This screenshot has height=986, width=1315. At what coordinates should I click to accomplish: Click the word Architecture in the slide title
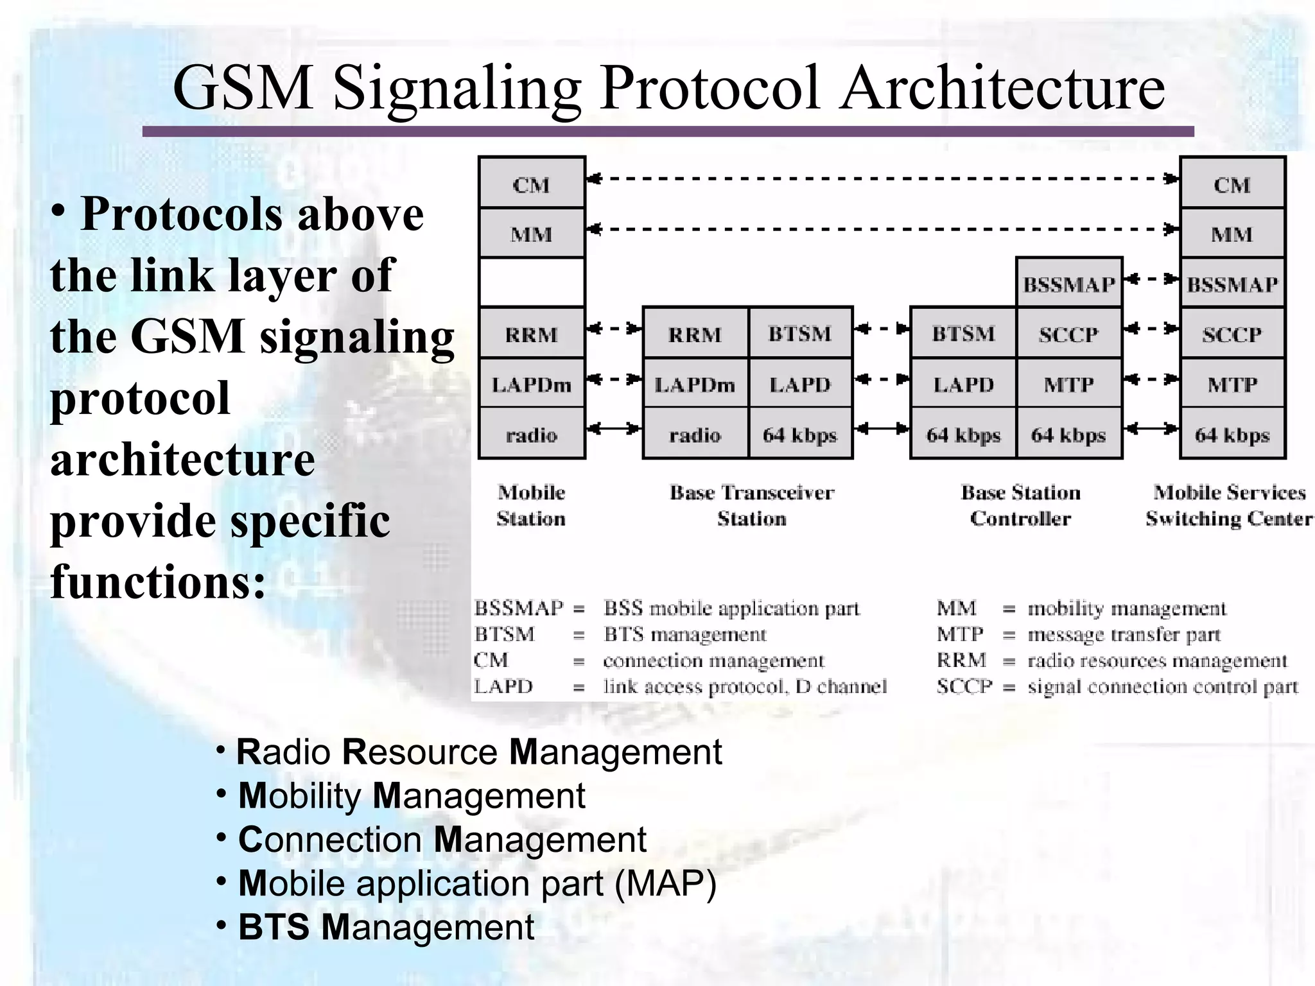tap(1003, 88)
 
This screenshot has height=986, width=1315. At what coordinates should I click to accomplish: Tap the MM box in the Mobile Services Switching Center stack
tap(1232, 234)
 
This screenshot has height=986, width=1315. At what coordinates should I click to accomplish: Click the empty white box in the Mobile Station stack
tap(532, 282)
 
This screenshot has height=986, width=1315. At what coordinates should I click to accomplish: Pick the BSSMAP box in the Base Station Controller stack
tap(1069, 284)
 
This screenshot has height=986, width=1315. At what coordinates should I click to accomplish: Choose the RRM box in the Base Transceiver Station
tap(695, 334)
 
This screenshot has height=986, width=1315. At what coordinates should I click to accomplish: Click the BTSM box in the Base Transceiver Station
tap(800, 334)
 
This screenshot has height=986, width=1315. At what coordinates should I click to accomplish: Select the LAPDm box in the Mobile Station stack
tap(532, 384)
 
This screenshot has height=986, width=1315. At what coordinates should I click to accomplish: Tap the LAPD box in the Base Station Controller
tap(963, 384)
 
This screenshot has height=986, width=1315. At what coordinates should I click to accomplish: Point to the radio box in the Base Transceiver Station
tap(695, 435)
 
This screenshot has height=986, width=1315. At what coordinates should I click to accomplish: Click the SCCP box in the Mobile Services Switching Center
tap(1232, 334)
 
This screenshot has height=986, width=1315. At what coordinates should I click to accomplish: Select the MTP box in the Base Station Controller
tap(1069, 384)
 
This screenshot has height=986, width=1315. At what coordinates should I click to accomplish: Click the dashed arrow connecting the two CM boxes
tap(883, 178)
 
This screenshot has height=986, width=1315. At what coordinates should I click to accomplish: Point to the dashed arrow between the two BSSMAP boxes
tap(1152, 279)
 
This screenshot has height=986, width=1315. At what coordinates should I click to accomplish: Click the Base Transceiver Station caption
tap(752, 505)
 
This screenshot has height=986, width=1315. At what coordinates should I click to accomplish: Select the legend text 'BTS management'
tap(685, 634)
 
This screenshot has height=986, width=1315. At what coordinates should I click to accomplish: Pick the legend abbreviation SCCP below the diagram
tap(964, 686)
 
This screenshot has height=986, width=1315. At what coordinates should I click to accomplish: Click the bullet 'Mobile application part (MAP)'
tap(477, 883)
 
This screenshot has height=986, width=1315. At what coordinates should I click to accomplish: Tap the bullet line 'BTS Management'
tap(386, 927)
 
